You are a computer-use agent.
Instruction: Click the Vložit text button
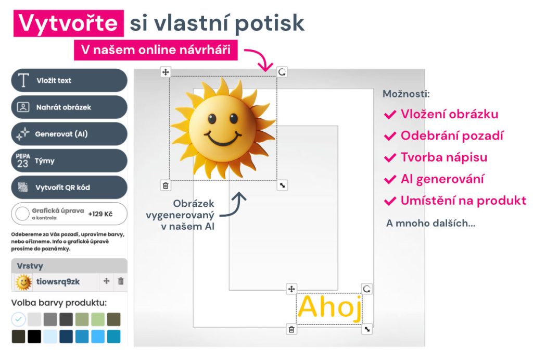[69, 80]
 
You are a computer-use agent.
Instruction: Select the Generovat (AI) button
[69, 134]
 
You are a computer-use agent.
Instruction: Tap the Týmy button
[69, 160]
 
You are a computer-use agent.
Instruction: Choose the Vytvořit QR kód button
[69, 188]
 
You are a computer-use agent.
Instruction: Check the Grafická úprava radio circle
[22, 214]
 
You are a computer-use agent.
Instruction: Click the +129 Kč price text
[100, 214]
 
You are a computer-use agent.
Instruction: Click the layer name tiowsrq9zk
[58, 282]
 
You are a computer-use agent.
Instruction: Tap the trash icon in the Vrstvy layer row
[121, 281]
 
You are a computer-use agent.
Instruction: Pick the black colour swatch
[34, 337]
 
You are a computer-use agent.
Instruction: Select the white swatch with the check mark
[18, 319]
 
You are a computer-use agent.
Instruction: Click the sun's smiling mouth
[223, 138]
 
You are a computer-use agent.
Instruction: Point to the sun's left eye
[212, 119]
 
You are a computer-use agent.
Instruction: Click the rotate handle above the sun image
[282, 72]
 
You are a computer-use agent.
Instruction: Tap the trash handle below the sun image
[166, 185]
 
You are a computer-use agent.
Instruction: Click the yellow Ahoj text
[329, 307]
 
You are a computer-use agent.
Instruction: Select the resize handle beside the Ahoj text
[367, 329]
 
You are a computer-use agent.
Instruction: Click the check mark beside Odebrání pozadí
[390, 136]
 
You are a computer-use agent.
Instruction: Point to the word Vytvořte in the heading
[68, 23]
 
